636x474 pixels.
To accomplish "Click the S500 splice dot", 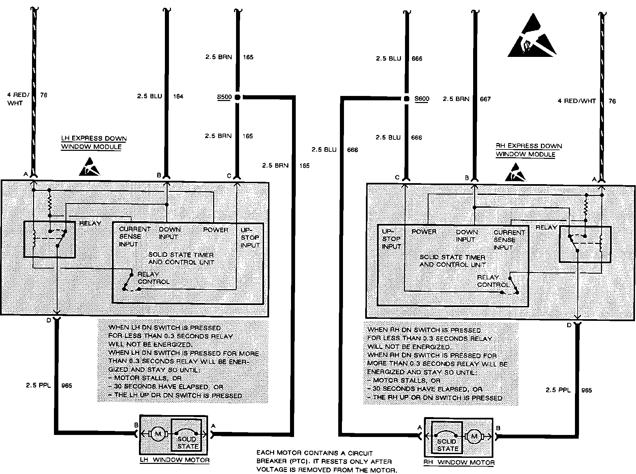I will pos(237,97).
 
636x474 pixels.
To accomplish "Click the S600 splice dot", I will pos(407,99).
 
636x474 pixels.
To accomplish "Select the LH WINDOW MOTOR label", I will pos(175,460).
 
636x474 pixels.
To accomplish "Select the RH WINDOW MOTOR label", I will pos(459,463).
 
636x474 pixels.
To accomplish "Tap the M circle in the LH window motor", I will pos(158,434).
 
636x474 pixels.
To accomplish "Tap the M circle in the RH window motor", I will pos(474,437).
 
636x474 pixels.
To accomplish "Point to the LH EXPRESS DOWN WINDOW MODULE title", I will pos(93,143).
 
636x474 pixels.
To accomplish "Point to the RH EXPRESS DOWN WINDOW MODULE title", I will pos(528,150).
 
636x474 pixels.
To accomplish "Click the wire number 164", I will pos(178,97).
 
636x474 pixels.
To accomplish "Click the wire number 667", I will pos(485,99).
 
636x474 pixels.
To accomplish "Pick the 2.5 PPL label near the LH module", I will pos(38,385).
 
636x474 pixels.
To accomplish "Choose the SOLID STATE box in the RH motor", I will pos(447,437).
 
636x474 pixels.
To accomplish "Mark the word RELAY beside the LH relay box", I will pos(90,223).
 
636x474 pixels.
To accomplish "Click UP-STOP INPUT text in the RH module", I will pos(391,239).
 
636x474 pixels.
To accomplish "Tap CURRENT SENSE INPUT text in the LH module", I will pos(135,236).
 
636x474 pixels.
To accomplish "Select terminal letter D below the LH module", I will pos(49,320).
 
